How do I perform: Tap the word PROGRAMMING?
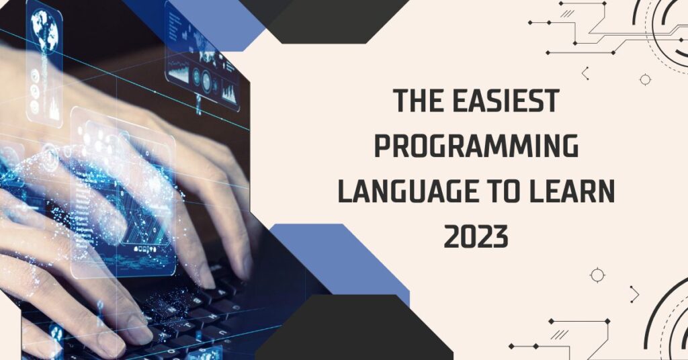click(x=476, y=147)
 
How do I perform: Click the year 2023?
click(x=476, y=238)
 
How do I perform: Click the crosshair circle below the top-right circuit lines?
click(x=645, y=79)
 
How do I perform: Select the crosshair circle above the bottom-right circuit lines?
click(x=597, y=275)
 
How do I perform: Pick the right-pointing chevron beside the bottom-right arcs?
click(x=635, y=294)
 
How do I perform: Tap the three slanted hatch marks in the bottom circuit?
click(x=558, y=334)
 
